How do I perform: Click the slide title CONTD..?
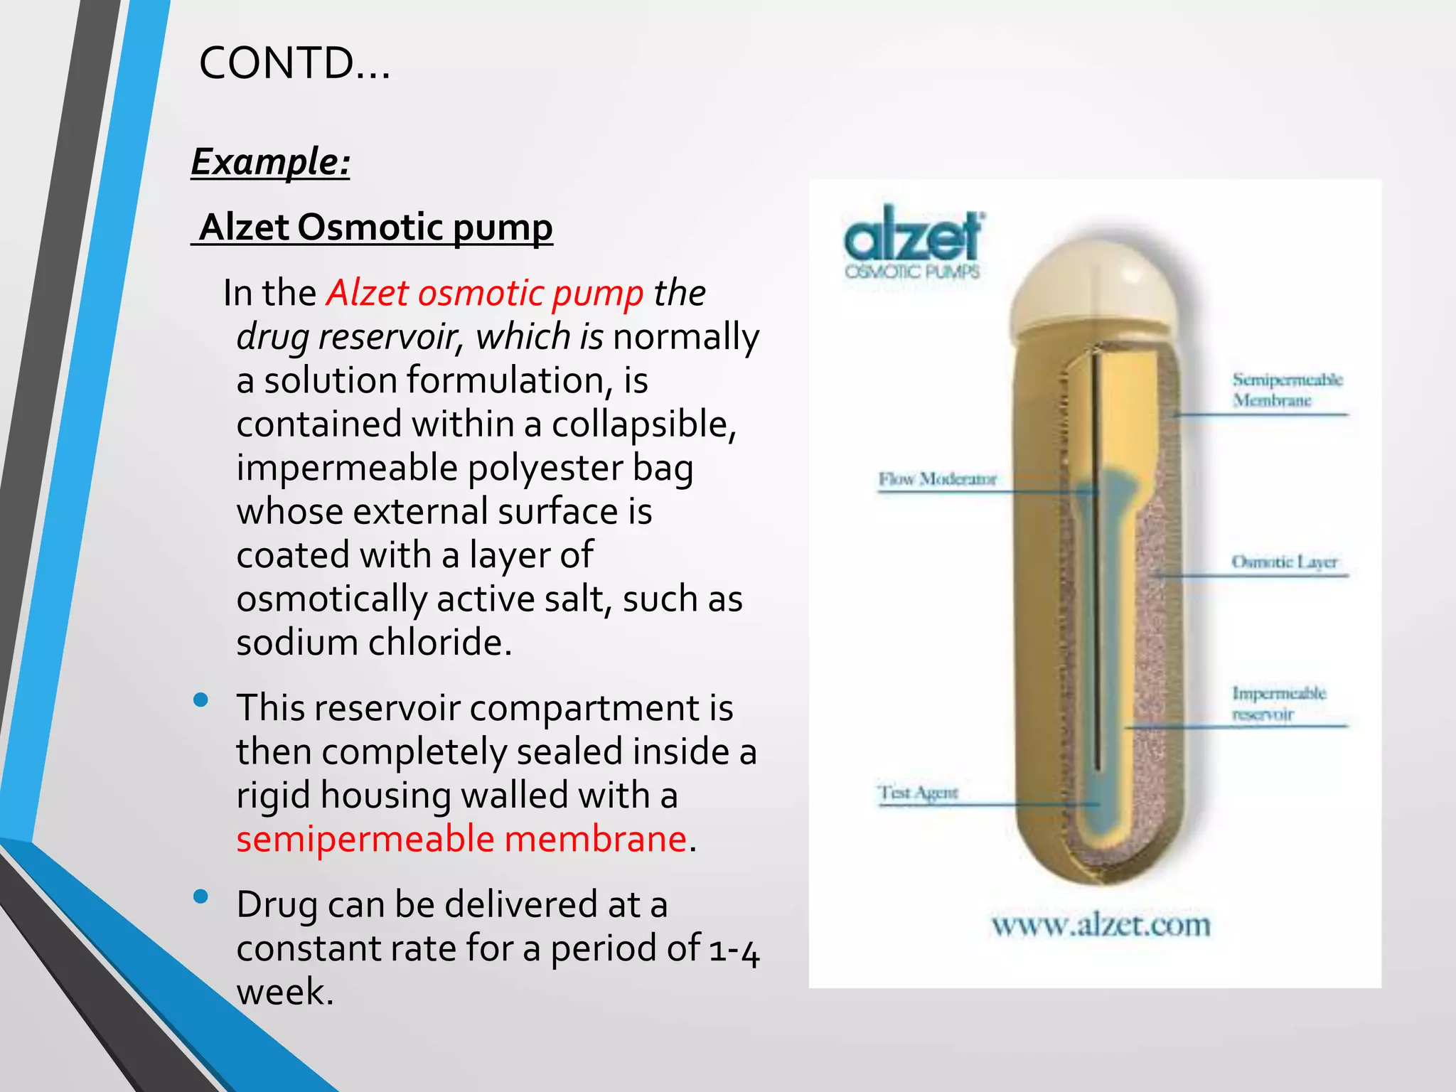click(x=294, y=63)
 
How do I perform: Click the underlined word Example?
click(x=270, y=161)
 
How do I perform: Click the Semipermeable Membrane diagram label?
click(x=1287, y=390)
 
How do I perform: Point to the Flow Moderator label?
click(x=937, y=479)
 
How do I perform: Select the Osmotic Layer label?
click(x=1284, y=562)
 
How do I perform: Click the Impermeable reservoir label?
click(x=1278, y=703)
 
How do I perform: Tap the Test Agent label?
click(x=918, y=792)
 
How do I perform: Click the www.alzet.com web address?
click(x=1101, y=925)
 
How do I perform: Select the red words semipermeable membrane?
click(x=461, y=839)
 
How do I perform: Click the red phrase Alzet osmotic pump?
click(x=485, y=293)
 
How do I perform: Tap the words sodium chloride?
click(x=373, y=643)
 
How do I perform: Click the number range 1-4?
click(x=734, y=950)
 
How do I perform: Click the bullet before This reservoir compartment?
click(x=200, y=700)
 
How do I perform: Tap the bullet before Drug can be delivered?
click(x=200, y=896)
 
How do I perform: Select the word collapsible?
click(x=643, y=424)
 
